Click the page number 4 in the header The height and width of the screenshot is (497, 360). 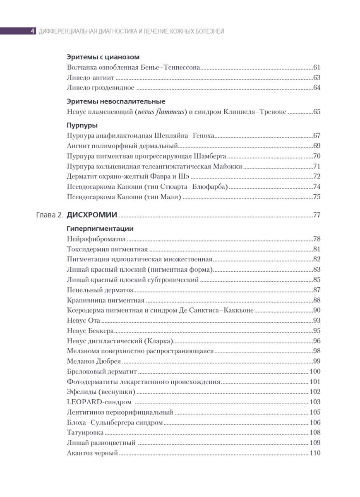point(33,31)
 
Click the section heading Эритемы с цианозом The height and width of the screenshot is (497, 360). point(103,57)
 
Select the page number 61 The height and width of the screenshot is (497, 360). point(317,67)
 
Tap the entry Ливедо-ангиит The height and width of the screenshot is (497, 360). point(91,77)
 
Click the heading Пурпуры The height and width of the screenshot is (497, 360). point(82,125)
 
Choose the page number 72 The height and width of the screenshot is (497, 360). point(317,176)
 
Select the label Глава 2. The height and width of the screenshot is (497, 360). point(49,215)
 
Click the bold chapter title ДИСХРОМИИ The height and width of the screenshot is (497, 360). point(92,215)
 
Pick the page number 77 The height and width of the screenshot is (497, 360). point(317,215)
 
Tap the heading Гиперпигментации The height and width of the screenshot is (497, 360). point(100,228)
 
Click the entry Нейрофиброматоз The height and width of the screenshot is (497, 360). point(96,239)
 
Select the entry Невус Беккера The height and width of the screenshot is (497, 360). point(90,331)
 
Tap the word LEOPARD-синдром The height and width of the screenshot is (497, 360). point(99,402)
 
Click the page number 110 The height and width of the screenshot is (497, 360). point(315,453)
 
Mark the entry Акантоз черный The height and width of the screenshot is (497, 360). point(92,453)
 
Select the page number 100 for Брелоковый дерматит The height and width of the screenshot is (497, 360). point(315,372)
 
